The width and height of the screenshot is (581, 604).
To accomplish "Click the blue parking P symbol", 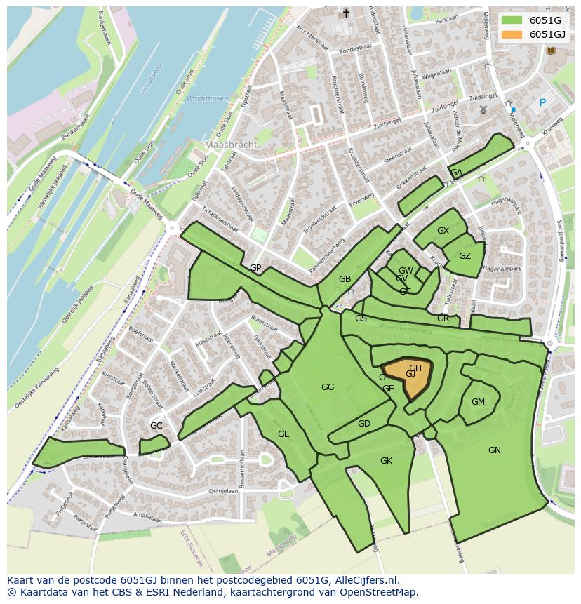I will pyautogui.click(x=542, y=103).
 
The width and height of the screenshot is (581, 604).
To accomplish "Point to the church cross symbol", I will pyautogui.click(x=345, y=13).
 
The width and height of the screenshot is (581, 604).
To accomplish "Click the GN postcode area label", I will pyautogui.click(x=495, y=450).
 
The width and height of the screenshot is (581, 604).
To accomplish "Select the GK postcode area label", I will pyautogui.click(x=386, y=461).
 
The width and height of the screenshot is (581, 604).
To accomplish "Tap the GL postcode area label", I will pyautogui.click(x=283, y=434).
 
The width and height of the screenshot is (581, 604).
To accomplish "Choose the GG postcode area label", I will pyautogui.click(x=328, y=387).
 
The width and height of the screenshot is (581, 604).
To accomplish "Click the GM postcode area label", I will pyautogui.click(x=478, y=402).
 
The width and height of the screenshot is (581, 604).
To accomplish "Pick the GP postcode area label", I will pyautogui.click(x=255, y=268).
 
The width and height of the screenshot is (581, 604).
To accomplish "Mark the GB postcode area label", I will pyautogui.click(x=345, y=279).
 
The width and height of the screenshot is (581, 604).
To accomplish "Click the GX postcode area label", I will pyautogui.click(x=443, y=231).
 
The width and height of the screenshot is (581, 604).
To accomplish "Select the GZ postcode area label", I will pyautogui.click(x=465, y=256).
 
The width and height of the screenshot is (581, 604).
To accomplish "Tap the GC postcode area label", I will pyautogui.click(x=156, y=426).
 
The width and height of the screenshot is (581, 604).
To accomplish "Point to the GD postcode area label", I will pyautogui.click(x=363, y=424).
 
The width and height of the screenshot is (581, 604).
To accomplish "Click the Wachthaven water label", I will pyautogui.click(x=208, y=99).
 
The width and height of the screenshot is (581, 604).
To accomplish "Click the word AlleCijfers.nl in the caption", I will pyautogui.click(x=366, y=580).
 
